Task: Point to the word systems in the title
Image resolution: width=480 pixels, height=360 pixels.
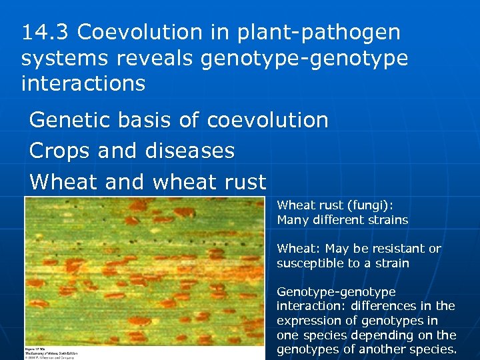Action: click(x=65, y=58)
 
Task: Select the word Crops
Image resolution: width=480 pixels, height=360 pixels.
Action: click(x=60, y=151)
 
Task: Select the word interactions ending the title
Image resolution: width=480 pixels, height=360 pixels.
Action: click(x=83, y=84)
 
